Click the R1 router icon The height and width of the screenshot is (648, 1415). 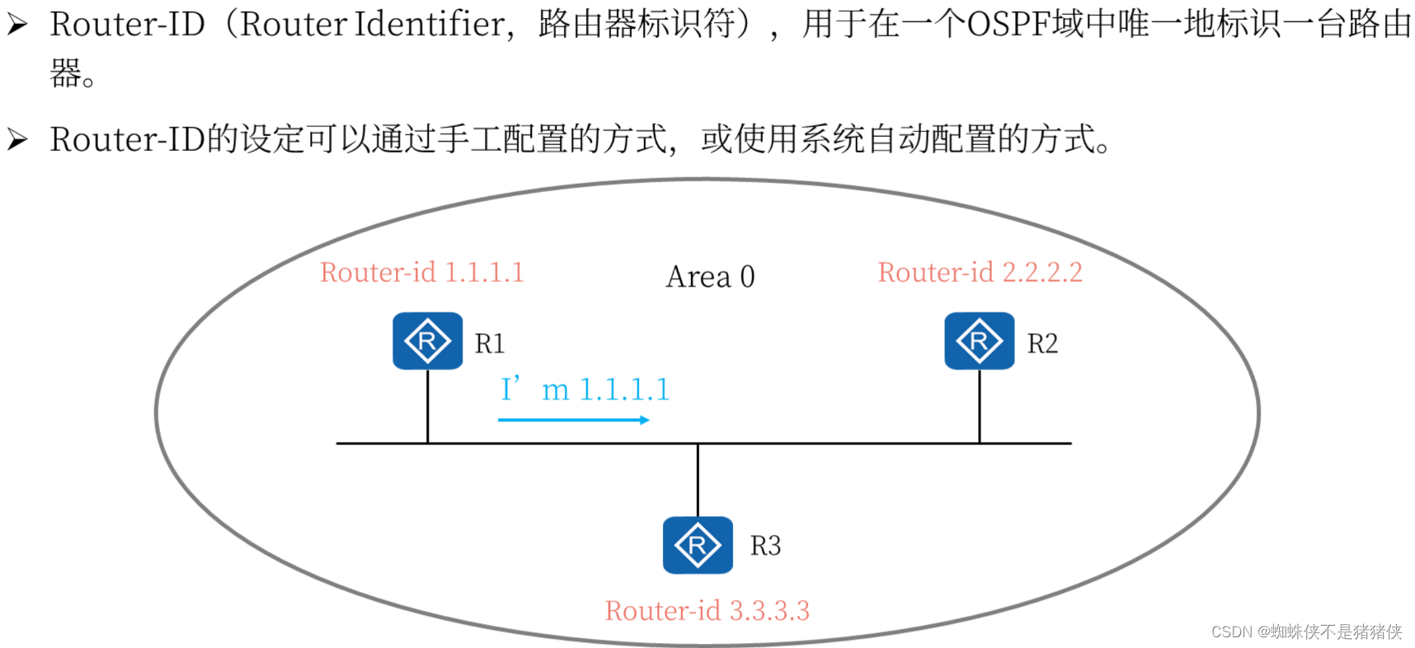[427, 340]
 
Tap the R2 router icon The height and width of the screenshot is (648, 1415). [979, 340]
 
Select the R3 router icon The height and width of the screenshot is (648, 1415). [698, 545]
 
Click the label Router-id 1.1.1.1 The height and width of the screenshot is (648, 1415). [421, 272]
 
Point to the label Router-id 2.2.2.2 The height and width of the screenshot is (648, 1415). [980, 272]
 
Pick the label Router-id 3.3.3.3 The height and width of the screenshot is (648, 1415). [707, 611]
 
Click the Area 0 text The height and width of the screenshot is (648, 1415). [710, 277]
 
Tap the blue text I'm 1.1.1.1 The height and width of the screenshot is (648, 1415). [585, 389]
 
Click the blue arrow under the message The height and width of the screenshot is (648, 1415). [573, 420]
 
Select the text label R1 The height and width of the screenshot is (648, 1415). [490, 343]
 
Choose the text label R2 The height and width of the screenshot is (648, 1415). [1042, 343]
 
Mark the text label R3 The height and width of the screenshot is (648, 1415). [765, 546]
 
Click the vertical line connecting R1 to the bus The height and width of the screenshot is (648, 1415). [427, 406]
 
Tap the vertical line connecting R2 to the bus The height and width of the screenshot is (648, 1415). [979, 406]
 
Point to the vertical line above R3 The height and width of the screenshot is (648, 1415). [698, 480]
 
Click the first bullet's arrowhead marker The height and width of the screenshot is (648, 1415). [17, 25]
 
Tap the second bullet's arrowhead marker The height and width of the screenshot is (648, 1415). [17, 139]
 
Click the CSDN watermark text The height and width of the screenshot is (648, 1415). [1306, 632]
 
